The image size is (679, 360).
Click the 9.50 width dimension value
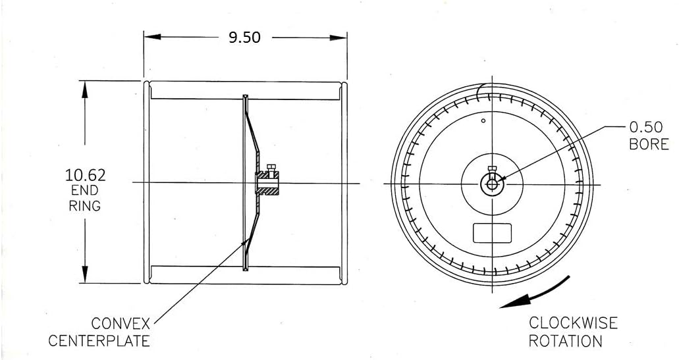coord(244,38)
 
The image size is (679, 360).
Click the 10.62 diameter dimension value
coord(85,175)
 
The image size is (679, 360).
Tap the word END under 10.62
coord(85,190)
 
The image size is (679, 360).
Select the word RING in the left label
coord(85,205)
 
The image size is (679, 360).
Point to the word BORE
coord(649,144)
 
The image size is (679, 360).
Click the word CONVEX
coord(121,324)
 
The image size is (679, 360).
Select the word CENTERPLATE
coord(99,340)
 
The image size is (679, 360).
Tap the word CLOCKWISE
coord(573,322)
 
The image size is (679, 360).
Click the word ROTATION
coord(566,341)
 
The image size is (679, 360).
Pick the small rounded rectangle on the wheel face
coord(493,232)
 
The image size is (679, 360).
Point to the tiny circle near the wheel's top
coord(483,121)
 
